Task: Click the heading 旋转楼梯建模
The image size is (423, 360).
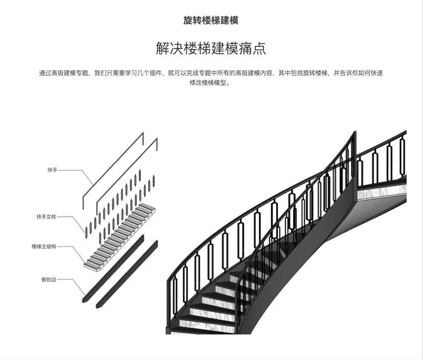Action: (211, 20)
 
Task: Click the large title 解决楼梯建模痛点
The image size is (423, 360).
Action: (211, 49)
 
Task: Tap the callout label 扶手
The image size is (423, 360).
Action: (52, 170)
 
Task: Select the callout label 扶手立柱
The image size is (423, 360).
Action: (46, 217)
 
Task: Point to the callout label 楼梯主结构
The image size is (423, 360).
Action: (43, 246)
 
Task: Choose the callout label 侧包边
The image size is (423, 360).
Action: (49, 280)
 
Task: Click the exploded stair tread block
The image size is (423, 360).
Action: (120, 235)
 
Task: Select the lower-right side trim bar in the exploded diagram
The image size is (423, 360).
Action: (127, 274)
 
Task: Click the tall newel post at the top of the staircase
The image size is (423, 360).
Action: (354, 159)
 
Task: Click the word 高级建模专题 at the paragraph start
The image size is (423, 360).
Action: (70, 73)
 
